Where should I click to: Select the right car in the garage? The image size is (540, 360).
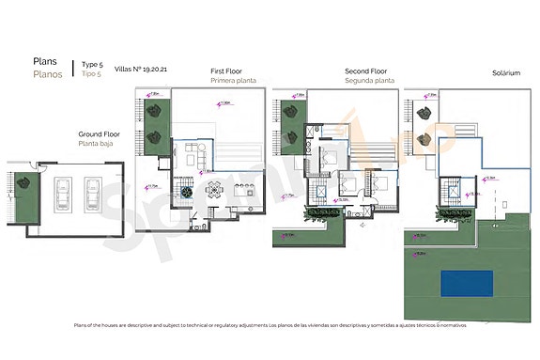point(93,194)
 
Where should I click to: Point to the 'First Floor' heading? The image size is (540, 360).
point(228,70)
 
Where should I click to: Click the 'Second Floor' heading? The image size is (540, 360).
point(366,70)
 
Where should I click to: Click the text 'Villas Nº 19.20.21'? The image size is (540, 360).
point(141,70)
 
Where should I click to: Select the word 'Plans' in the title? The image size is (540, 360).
point(46,61)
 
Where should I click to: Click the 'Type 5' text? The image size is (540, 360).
point(92,63)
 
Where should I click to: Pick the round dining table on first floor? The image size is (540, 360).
point(188,191)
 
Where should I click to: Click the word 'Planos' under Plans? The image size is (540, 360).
point(48,73)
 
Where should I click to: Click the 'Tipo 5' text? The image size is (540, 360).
point(90,72)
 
